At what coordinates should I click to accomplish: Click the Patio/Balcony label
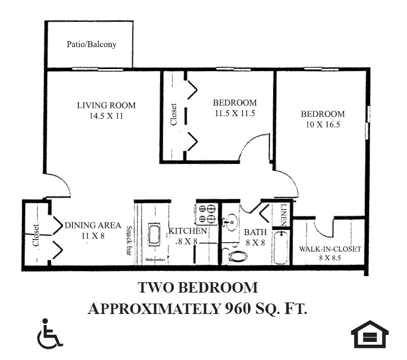92,44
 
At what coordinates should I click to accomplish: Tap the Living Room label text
106,105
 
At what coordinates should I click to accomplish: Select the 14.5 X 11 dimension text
106,116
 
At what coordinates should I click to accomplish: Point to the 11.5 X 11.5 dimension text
235,113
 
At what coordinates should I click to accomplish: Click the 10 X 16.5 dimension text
323,124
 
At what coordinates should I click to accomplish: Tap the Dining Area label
92,225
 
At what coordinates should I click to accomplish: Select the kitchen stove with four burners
207,214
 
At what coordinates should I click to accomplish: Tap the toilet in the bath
238,255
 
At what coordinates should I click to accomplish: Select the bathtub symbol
280,247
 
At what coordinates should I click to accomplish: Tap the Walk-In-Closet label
330,249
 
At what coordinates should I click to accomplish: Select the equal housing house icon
370,334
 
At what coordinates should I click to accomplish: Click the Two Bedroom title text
197,287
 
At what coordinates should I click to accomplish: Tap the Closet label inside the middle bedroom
173,115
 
